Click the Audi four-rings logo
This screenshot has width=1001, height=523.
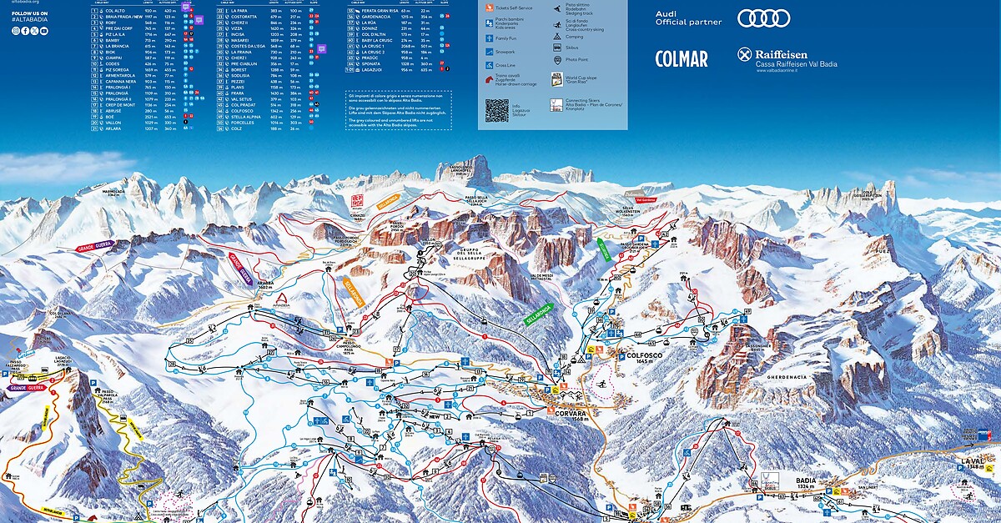click(x=763, y=18)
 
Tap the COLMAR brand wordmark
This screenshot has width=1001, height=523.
click(x=682, y=58)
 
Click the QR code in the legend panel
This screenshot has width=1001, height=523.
click(x=496, y=110)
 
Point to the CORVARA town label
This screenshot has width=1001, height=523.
click(x=567, y=412)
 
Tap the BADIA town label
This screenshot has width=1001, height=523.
click(x=804, y=480)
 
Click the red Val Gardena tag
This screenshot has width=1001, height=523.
click(x=646, y=200)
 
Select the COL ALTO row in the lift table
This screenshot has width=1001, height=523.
click(x=113, y=10)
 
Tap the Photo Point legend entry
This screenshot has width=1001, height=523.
click(x=576, y=59)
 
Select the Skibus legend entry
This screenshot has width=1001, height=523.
click(x=571, y=48)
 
